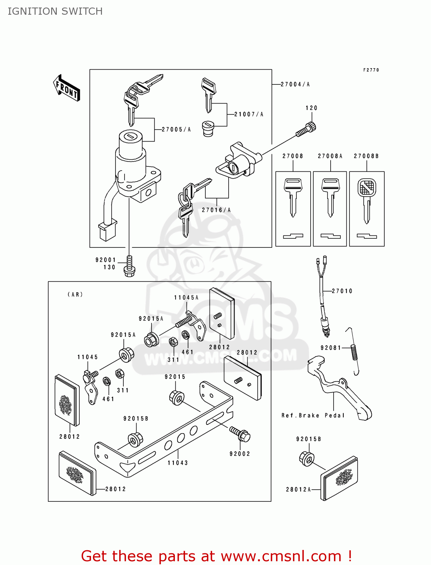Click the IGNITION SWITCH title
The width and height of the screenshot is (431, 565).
coord(55,11)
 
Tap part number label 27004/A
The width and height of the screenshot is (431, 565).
coord(295,84)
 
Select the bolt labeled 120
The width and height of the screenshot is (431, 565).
coord(306,130)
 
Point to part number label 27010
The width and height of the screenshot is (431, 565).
coord(342,291)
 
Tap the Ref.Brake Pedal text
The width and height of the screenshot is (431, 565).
coord(313,415)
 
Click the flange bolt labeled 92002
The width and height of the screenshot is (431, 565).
coord(240,434)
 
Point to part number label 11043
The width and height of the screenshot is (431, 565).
coord(178,463)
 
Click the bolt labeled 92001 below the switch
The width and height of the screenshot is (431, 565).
coord(129,266)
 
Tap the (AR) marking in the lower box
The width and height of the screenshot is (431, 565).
coord(75,295)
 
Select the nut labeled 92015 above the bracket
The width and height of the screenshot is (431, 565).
coord(177,397)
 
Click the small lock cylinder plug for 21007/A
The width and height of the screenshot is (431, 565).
coord(208,128)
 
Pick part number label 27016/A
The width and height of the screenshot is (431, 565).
coord(216,210)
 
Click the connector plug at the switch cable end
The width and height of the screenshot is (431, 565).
coord(107,231)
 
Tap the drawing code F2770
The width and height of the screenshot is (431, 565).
coord(371,70)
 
